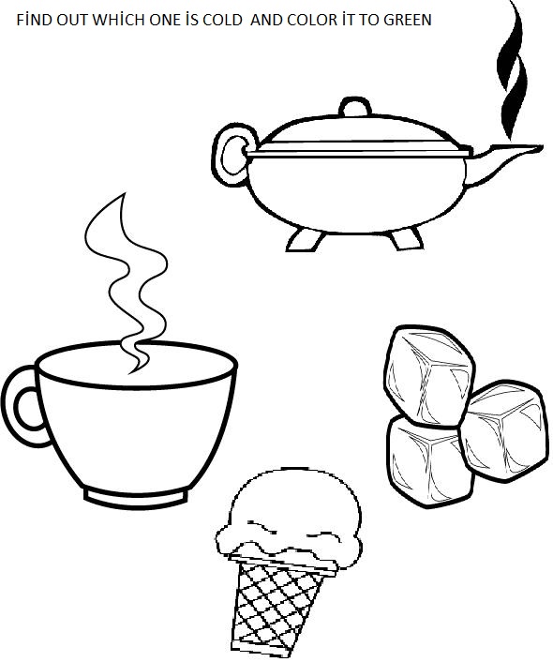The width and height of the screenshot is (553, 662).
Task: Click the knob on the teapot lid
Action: (355, 107)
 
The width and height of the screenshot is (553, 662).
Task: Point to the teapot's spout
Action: (502, 162)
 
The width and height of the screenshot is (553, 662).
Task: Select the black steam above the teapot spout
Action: (512, 69)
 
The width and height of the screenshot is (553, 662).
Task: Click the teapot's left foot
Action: (305, 240)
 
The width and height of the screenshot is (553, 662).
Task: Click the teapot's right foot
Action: (405, 239)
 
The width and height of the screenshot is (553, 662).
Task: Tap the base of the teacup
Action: (136, 497)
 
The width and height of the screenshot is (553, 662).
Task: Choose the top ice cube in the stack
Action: (429, 376)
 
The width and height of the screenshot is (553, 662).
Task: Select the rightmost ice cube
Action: (502, 430)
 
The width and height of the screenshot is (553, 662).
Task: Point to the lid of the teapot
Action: (359, 135)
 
